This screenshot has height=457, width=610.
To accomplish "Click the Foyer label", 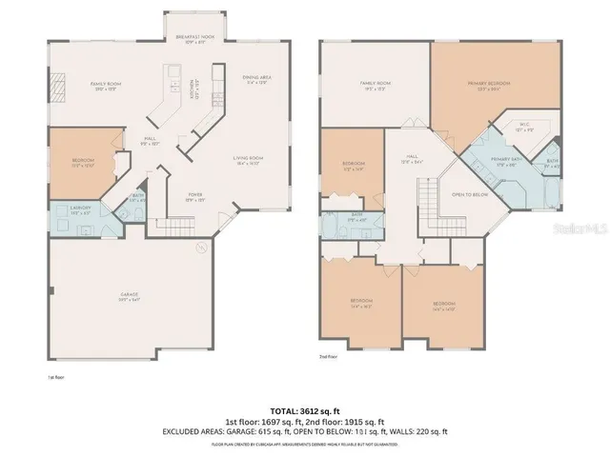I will [194, 198].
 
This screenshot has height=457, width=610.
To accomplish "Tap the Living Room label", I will [249, 160].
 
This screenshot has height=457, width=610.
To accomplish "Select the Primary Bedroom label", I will [489, 86].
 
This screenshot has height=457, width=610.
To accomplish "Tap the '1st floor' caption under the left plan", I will [54, 377].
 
